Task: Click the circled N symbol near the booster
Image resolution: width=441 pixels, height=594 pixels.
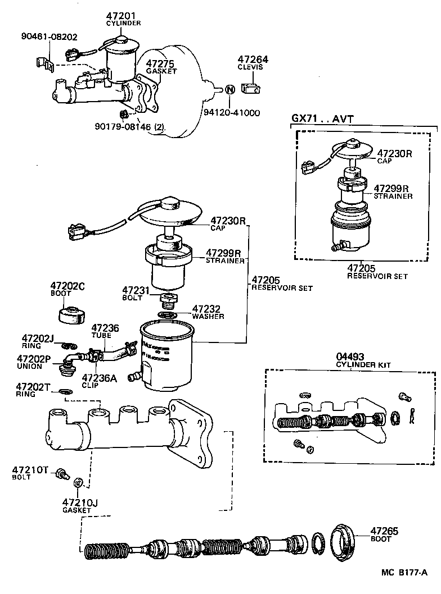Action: (x=229, y=89)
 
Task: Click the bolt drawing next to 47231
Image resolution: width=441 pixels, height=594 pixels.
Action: (x=167, y=300)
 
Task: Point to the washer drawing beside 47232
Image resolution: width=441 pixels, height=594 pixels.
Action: (x=167, y=315)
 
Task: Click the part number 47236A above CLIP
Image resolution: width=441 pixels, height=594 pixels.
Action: (x=99, y=378)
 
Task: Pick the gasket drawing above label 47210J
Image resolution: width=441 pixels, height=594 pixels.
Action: (x=79, y=482)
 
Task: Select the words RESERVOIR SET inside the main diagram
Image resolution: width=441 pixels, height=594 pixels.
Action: (x=281, y=288)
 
